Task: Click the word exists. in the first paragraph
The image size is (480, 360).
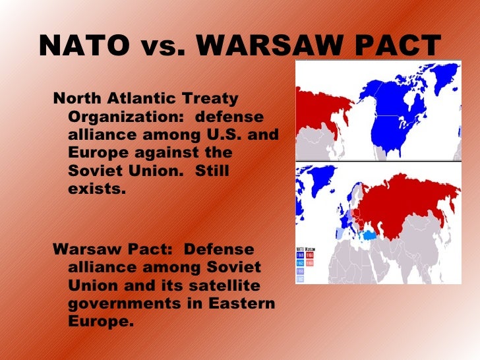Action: point(96,189)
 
